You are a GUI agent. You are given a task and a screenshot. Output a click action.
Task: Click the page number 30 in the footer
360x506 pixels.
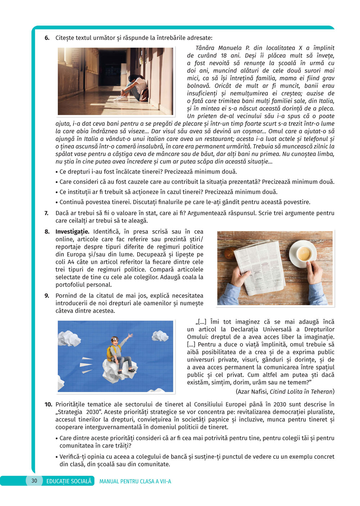tap(34, 480)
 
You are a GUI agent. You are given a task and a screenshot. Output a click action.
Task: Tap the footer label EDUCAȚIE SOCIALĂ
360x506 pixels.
tap(69, 481)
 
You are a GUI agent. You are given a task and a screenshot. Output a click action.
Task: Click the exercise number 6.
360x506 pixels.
tap(47, 38)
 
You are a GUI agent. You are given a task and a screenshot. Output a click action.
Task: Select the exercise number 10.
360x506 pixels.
tap(48, 404)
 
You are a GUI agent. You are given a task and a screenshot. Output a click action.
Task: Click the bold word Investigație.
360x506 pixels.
tap(72, 232)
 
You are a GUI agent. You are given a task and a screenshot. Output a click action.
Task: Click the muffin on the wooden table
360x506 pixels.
tap(229, 253)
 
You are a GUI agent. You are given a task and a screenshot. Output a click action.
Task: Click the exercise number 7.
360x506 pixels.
tap(47, 213)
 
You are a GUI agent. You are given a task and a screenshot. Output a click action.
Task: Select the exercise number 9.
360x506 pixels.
tap(47, 296)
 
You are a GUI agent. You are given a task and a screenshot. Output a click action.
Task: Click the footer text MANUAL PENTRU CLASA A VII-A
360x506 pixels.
tap(135, 481)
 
